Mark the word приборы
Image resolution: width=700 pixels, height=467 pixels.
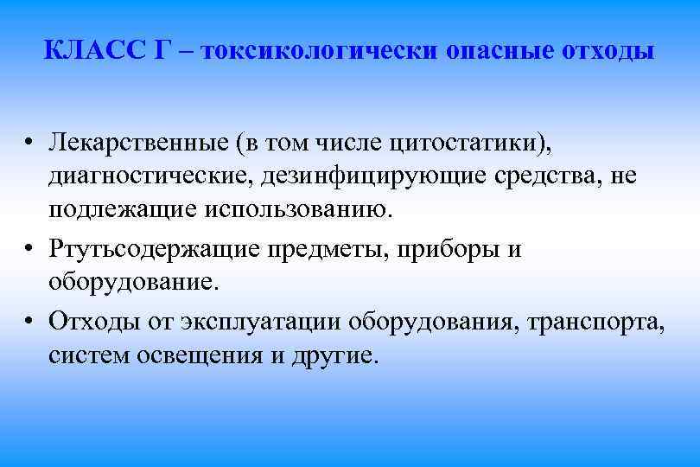(449, 249)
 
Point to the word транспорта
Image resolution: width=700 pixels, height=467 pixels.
(599, 321)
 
